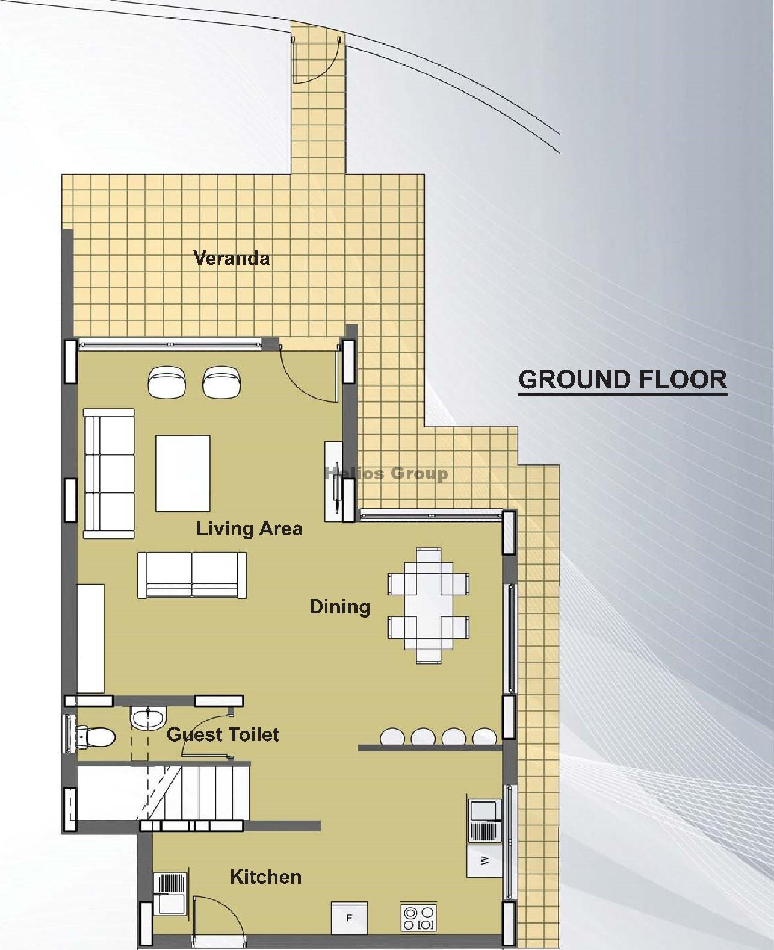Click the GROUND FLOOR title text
622,380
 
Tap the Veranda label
231,259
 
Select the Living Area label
249,529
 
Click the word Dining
339,607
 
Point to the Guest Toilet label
223,734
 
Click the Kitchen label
265,877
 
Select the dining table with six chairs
429,605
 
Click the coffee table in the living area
183,473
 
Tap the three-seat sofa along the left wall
109,473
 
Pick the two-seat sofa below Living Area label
192,575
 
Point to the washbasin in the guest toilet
147,718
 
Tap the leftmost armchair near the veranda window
167,382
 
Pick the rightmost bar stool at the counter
484,736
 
